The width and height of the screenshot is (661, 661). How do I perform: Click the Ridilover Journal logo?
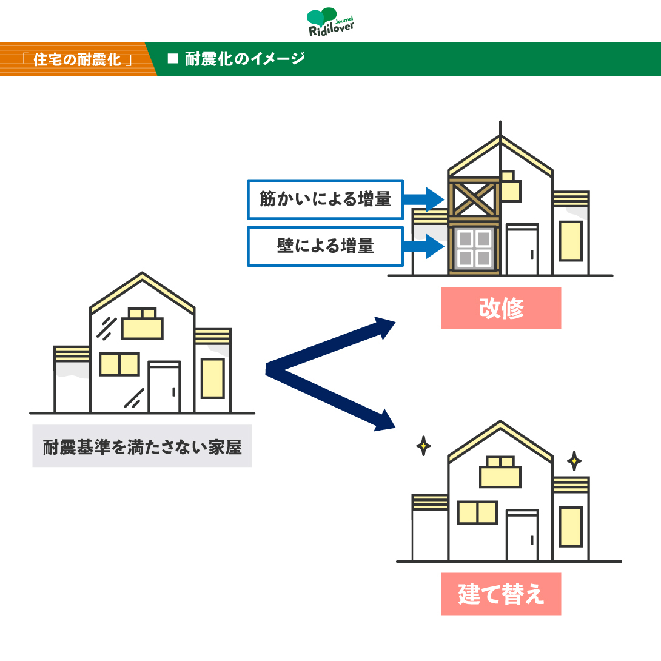click(330, 22)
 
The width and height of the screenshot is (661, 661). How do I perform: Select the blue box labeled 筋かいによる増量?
click(325, 200)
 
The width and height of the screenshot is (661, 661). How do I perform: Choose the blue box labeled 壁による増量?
click(325, 246)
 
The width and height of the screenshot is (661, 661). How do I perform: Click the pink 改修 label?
click(501, 307)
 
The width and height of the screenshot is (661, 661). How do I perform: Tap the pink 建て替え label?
click(501, 594)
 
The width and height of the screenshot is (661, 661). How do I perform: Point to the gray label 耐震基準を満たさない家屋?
click(142, 446)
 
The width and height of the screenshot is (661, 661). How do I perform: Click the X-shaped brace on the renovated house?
click(474, 199)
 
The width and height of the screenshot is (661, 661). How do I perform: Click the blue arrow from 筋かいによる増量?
click(424, 199)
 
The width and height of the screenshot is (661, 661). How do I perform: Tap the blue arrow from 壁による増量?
click(424, 246)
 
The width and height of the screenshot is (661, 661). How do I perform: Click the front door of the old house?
click(164, 387)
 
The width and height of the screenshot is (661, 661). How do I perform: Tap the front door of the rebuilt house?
click(522, 535)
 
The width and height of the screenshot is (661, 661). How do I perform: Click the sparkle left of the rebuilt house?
click(424, 446)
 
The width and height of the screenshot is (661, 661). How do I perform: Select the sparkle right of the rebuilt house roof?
click(574, 461)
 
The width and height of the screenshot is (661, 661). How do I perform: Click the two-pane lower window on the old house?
click(119, 364)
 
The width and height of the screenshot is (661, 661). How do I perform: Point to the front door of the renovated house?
click(522, 250)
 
